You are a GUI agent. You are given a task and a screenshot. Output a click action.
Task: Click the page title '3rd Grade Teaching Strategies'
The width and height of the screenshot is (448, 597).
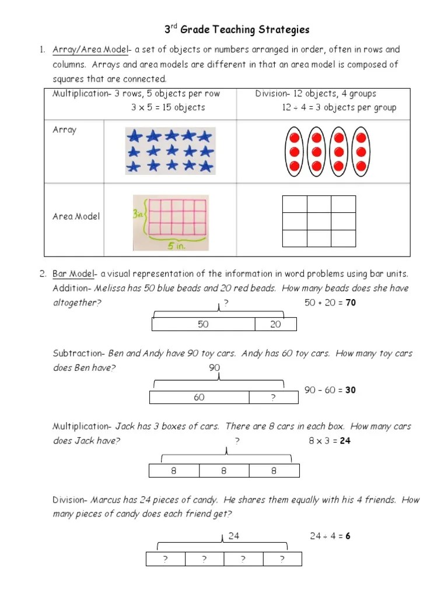[x=235, y=30]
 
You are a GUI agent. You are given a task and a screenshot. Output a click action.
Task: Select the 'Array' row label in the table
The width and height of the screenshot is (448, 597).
[x=64, y=130]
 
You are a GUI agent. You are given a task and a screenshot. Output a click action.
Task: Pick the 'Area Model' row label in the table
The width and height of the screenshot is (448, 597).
[x=76, y=216]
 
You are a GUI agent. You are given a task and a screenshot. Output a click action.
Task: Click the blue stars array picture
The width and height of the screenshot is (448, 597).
[x=169, y=151]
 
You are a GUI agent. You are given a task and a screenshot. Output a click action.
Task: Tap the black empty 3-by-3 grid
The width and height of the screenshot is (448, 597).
[x=318, y=221]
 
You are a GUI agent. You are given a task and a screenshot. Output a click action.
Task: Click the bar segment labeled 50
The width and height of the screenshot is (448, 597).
[x=203, y=324]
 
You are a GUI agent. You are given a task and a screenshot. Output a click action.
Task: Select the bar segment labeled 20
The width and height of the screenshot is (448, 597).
[x=275, y=324]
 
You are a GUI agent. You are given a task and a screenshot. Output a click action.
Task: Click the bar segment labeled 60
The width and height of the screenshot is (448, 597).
[x=199, y=398]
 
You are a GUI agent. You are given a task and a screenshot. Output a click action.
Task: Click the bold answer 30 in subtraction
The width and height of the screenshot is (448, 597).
[x=350, y=390]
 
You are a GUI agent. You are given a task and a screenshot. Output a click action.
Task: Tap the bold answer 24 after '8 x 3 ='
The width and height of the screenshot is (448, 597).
[x=345, y=441]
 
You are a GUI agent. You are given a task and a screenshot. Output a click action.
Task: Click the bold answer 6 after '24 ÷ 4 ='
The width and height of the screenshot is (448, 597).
[x=348, y=536]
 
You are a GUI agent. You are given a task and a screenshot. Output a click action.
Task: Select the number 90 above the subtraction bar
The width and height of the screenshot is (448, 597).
[x=214, y=368]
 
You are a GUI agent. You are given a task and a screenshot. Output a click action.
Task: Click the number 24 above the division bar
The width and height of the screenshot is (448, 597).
[x=234, y=535]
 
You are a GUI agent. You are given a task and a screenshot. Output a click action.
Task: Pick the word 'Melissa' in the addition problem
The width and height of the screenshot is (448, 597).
[x=127, y=288]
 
